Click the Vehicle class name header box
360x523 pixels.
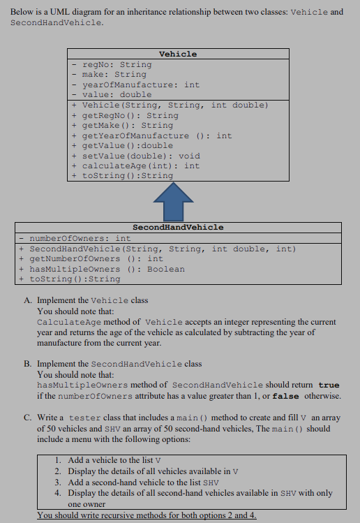coord(178,54)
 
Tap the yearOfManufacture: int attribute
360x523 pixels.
coord(140,84)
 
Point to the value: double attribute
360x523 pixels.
coord(117,94)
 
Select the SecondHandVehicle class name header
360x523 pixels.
coord(178,227)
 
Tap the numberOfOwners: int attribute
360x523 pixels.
coord(80,238)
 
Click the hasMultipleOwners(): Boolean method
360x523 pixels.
coord(107,269)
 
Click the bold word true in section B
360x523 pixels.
coord(329,385)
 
